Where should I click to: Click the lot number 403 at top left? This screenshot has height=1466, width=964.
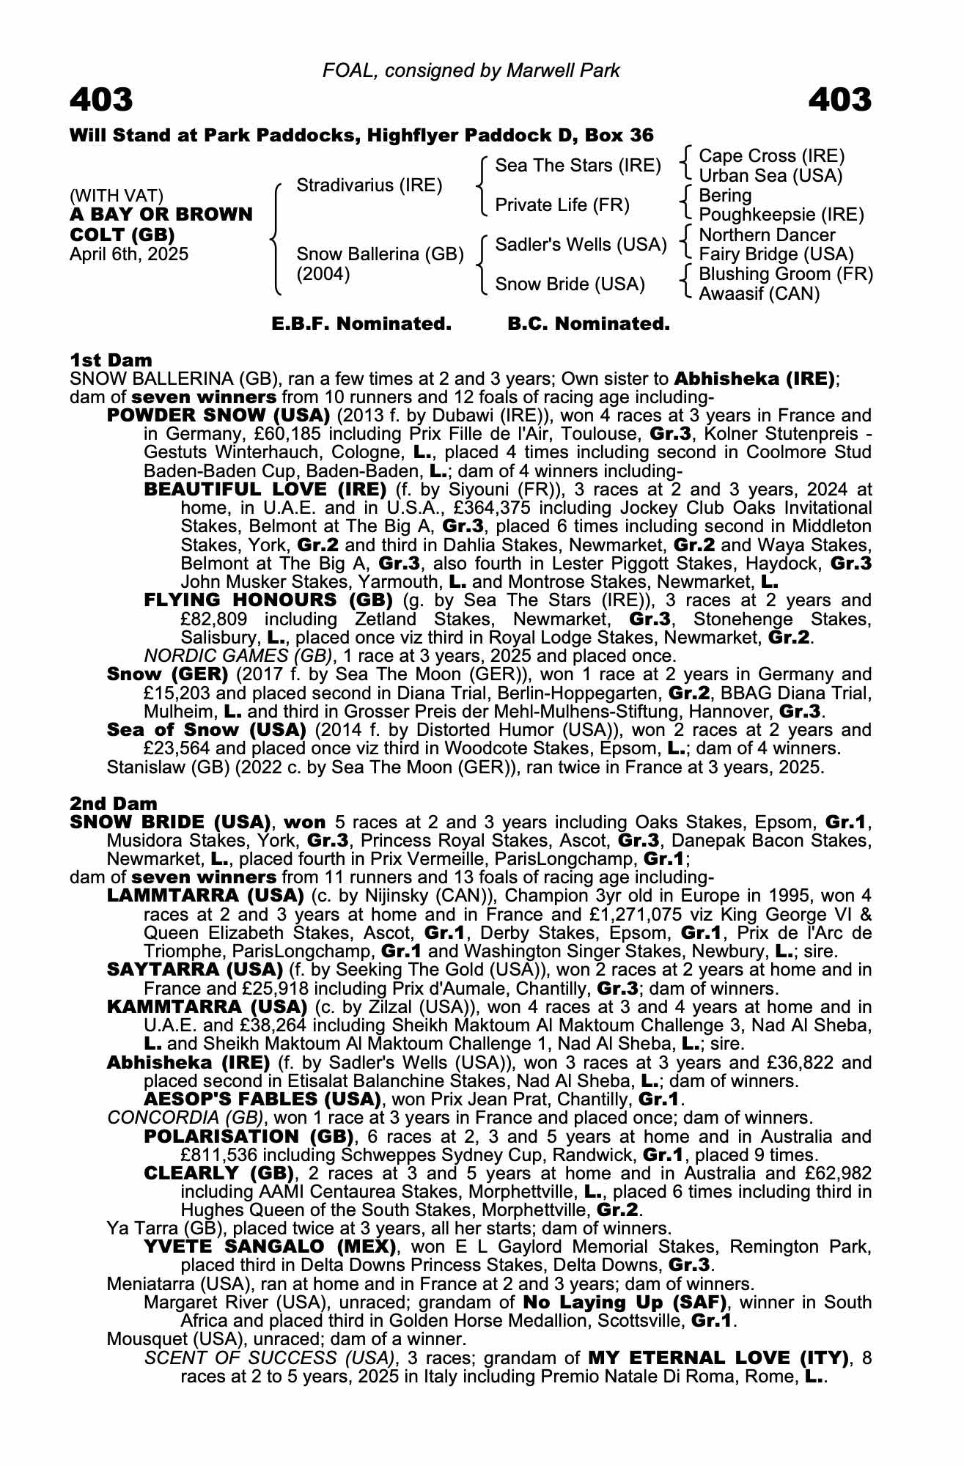[102, 100]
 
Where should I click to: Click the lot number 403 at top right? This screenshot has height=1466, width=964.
[840, 100]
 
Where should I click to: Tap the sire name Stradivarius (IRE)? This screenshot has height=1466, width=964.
[369, 185]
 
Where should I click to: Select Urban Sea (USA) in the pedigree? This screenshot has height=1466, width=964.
[770, 176]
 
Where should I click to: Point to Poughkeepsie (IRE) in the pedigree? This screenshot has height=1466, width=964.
[781, 215]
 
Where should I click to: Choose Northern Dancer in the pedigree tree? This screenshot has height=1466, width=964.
[767, 235]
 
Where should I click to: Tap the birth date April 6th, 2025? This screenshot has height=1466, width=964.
[129, 254]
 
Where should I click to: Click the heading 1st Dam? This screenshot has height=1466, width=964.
[111, 360]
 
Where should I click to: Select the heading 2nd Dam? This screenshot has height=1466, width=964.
[113, 803]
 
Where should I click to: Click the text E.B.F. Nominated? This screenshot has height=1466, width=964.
[361, 324]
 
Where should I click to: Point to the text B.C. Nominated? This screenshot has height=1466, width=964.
[589, 324]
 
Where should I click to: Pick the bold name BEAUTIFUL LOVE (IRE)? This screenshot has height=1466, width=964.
[265, 489]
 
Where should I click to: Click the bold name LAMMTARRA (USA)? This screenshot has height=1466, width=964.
[205, 895]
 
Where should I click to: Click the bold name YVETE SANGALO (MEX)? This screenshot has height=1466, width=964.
[271, 1246]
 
